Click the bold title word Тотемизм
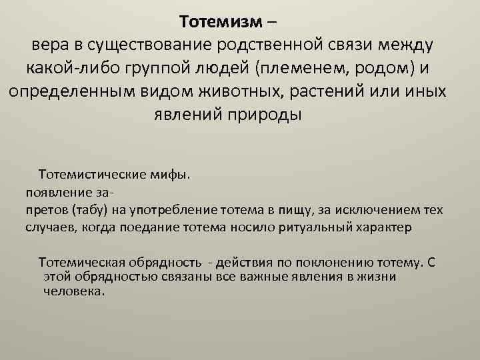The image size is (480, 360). point(222,23)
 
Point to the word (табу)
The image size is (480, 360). point(81,211)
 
